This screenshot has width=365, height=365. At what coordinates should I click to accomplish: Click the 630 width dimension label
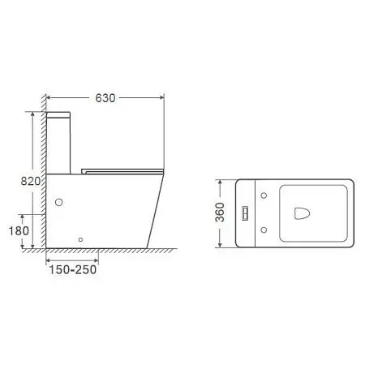pos(105,98)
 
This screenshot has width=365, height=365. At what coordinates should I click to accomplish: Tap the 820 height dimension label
pos(31,181)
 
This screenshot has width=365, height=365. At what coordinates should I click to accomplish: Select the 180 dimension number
pos(19,231)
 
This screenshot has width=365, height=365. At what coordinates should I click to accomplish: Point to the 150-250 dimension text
pos(73,269)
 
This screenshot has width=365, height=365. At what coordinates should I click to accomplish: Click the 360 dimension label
pos(220,213)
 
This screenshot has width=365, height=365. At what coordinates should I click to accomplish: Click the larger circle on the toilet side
pos(58,202)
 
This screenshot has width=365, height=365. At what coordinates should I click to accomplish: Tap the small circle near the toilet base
pos(80,239)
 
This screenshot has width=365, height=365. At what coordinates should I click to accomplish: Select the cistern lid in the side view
pos(58,115)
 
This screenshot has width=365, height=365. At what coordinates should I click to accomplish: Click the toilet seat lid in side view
pos(122,171)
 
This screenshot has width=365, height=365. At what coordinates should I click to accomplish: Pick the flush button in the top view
pos(245,213)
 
